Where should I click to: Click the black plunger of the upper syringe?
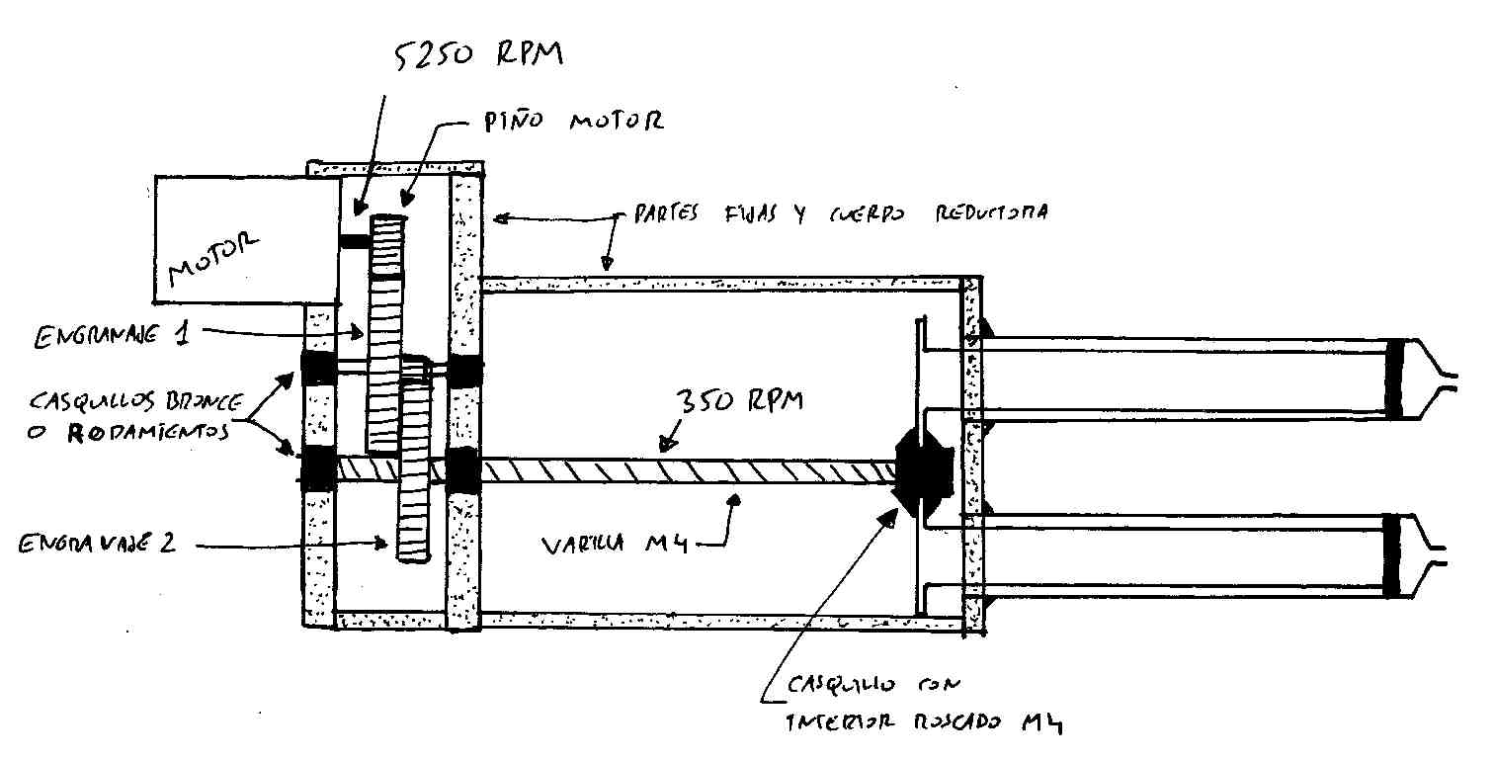[1395, 379]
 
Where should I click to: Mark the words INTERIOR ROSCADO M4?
[925, 723]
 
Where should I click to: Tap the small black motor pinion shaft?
[353, 241]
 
